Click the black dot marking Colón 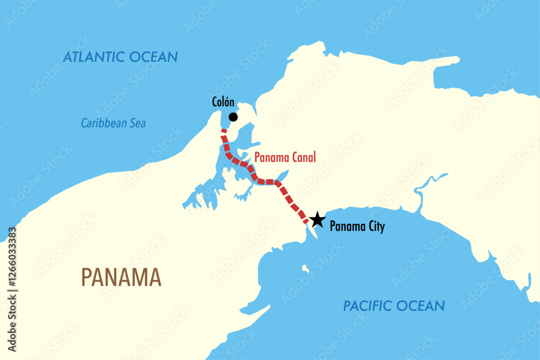(233, 117)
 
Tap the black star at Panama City (317, 220)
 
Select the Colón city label (222, 102)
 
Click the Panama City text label (357, 227)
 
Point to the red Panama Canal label (285, 158)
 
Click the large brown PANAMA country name (121, 277)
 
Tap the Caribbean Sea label (113, 124)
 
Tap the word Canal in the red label (303, 158)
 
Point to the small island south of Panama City (306, 268)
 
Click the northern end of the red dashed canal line (222, 131)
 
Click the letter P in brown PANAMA (87, 277)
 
